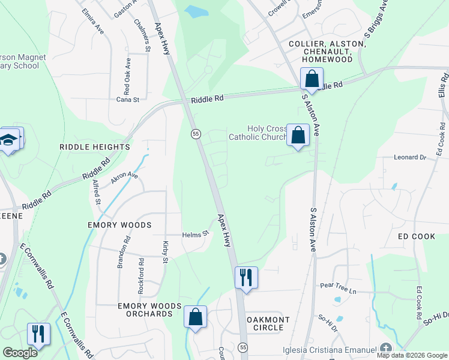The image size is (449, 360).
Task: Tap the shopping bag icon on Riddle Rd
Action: (312, 79)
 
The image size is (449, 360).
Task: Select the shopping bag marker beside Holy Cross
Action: (298, 135)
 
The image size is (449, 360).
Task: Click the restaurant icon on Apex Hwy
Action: (246, 278)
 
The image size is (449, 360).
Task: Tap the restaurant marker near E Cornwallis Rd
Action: (38, 334)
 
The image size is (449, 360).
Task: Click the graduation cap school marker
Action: (9, 140)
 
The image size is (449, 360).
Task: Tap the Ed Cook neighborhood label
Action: (416, 236)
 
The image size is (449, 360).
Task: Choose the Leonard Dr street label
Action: (409, 157)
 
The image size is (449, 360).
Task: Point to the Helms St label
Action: (195, 233)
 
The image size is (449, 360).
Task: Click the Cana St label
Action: (127, 100)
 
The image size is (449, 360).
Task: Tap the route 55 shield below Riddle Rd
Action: (196, 134)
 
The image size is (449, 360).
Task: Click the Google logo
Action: (20, 352)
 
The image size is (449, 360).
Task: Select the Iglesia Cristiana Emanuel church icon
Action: (385, 349)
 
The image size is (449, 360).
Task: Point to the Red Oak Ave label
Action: (127, 77)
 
